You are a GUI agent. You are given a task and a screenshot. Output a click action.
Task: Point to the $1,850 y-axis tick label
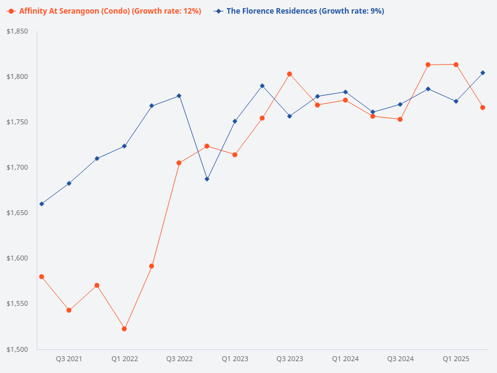(x=17, y=31)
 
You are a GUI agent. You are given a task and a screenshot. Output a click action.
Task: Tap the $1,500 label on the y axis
(x=17, y=349)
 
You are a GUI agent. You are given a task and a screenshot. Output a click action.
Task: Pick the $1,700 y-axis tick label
(x=17, y=167)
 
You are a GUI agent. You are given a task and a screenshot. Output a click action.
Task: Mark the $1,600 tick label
(x=17, y=258)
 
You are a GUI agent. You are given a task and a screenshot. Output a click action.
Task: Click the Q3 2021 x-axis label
(x=69, y=359)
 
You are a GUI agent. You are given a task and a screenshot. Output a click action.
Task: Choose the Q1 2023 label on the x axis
(x=235, y=359)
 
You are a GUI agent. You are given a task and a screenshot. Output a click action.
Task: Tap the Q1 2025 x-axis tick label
(x=456, y=359)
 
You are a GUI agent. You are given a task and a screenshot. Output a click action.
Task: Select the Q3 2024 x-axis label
(x=401, y=359)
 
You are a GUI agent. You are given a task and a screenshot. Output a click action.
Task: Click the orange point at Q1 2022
(x=124, y=329)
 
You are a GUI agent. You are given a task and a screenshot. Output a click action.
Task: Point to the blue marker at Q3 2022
(x=179, y=96)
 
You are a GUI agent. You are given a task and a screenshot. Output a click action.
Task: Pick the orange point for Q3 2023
(x=290, y=74)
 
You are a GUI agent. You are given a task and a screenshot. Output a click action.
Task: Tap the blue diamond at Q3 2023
(x=290, y=116)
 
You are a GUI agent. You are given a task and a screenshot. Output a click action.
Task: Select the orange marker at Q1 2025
(x=456, y=65)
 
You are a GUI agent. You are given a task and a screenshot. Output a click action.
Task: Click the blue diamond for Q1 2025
(x=456, y=101)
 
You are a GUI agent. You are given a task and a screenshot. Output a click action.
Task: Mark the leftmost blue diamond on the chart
(x=42, y=204)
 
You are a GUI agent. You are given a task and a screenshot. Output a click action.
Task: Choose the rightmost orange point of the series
(x=483, y=108)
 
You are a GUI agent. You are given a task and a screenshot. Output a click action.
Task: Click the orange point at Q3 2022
(x=179, y=163)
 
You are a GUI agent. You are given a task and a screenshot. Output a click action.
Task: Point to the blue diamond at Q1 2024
(x=345, y=92)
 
